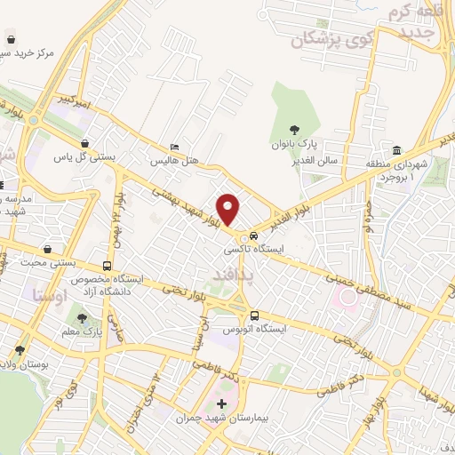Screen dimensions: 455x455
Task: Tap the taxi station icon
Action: pyautogui.click(x=255, y=236)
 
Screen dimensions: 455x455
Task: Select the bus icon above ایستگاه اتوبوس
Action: pyautogui.click(x=255, y=315)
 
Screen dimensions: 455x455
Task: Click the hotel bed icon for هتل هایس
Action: pyautogui.click(x=174, y=147)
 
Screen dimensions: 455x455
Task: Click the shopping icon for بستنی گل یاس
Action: pyautogui.click(x=84, y=142)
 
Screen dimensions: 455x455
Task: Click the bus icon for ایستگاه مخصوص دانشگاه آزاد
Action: pyautogui.click(x=108, y=265)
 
